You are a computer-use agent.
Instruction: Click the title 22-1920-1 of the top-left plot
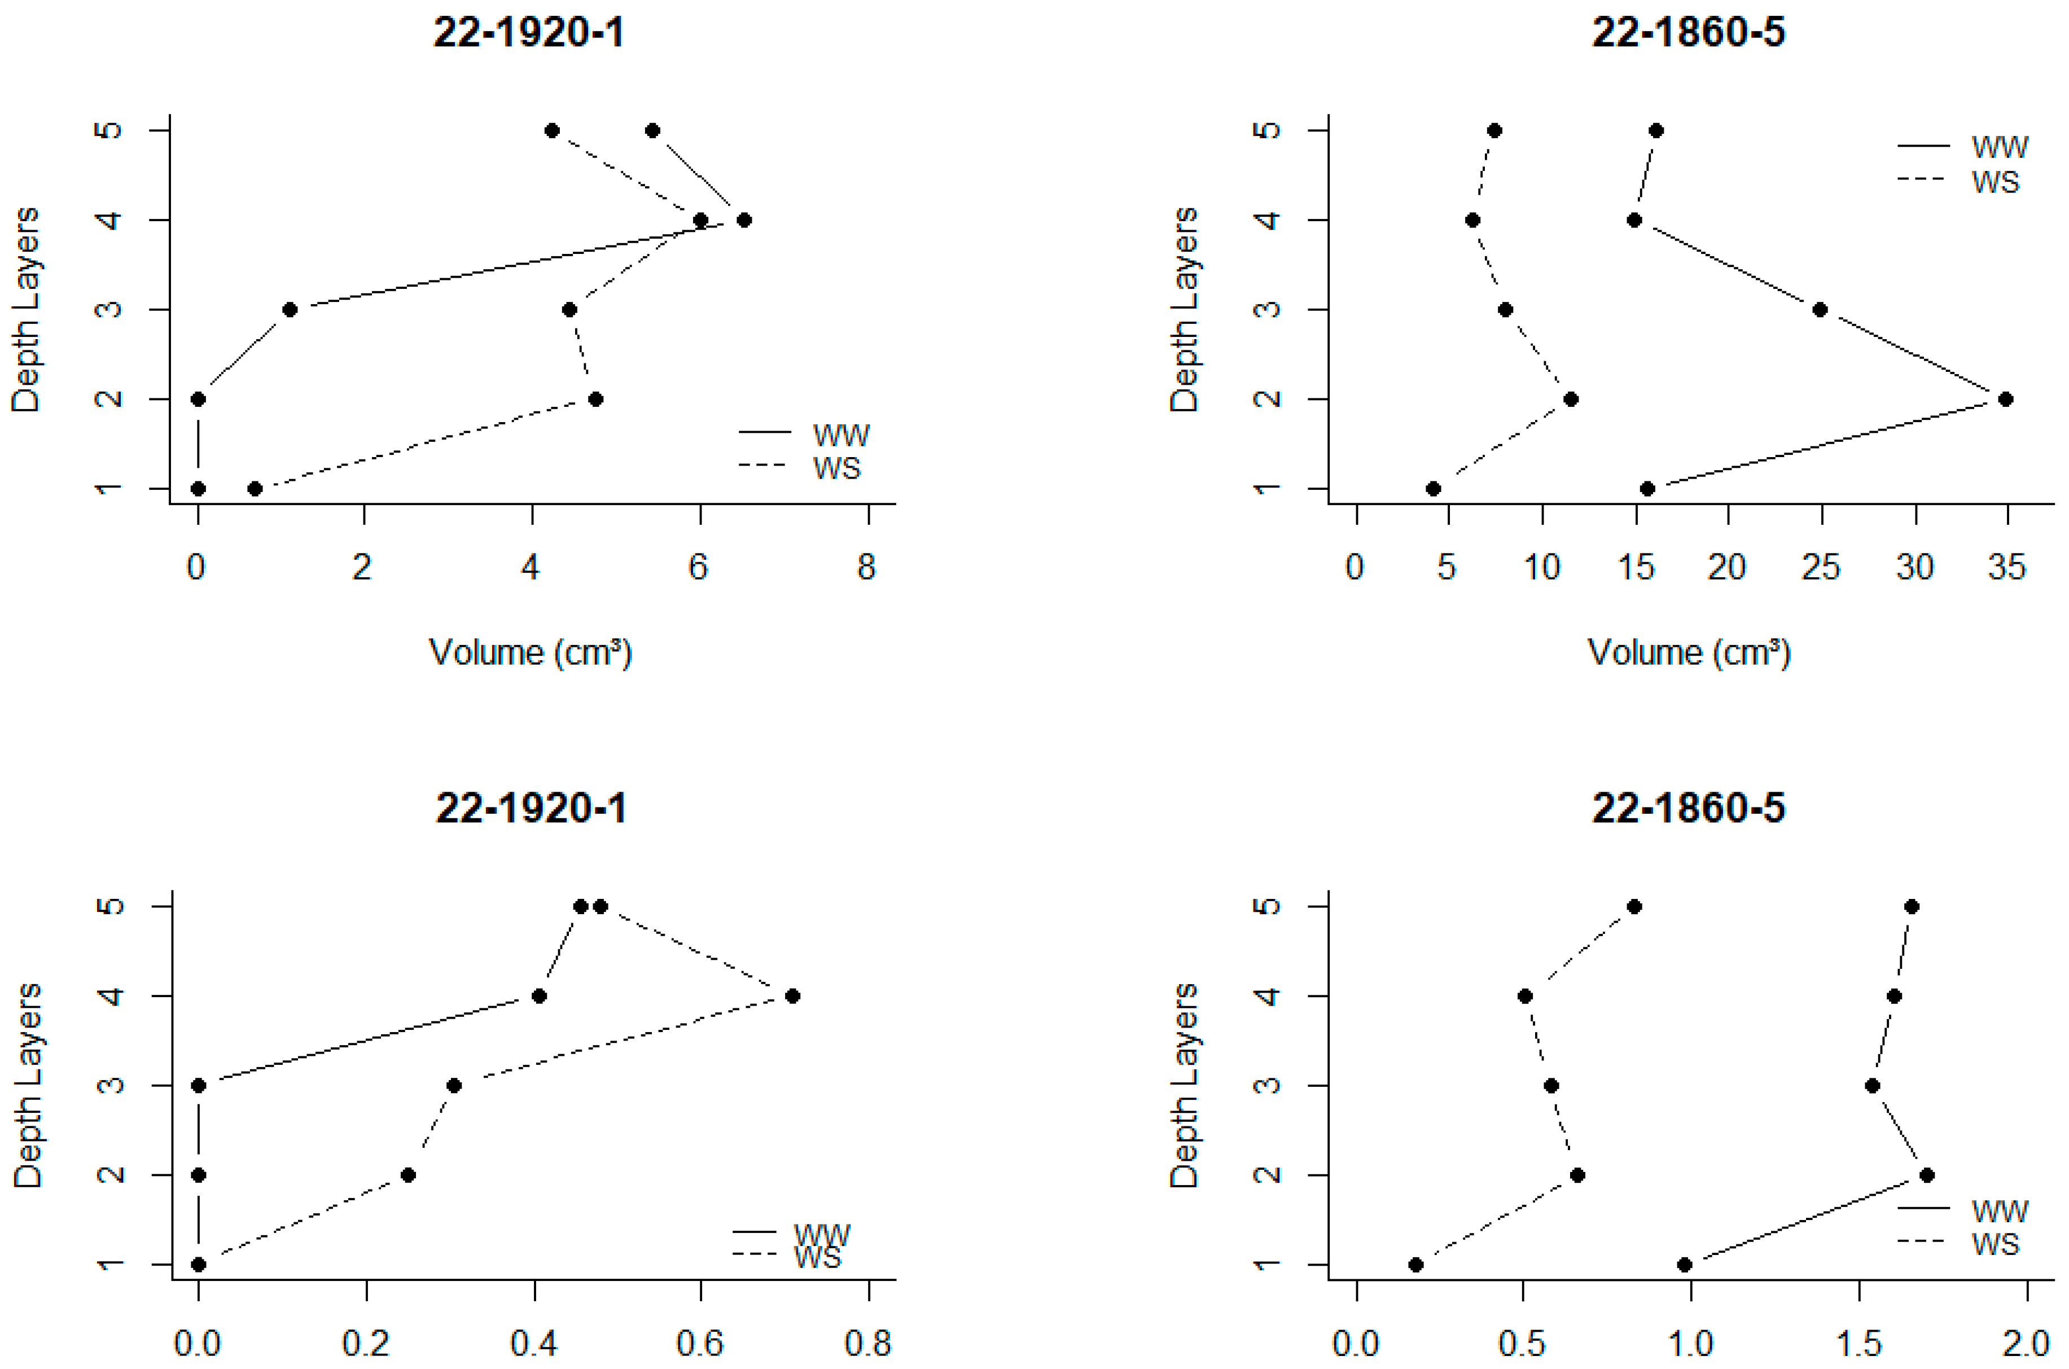pos(528,33)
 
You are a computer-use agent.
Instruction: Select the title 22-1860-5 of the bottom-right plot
pos(1687,809)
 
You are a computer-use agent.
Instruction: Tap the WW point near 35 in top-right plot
pos(2005,399)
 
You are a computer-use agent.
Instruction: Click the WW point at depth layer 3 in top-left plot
pos(290,310)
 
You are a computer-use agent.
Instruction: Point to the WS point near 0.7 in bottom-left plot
pos(792,996)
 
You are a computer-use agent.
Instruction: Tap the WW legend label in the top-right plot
pos(1999,147)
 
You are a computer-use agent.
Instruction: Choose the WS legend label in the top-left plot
pos(836,469)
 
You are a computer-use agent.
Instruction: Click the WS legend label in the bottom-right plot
pos(1995,1244)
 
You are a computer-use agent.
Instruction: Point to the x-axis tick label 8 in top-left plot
pos(865,568)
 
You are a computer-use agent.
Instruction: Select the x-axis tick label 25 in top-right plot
pos(1820,568)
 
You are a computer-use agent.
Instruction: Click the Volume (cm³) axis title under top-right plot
pos(1689,653)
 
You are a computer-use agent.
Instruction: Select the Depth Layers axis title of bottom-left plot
pos(27,1085)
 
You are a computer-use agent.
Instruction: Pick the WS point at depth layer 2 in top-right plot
pos(1570,399)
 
